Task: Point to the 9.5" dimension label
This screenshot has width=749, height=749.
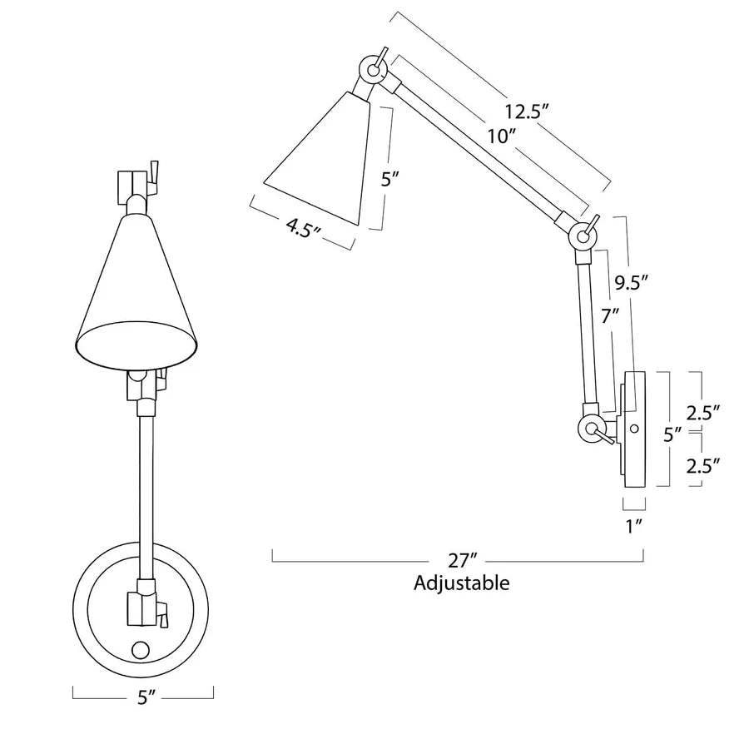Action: pos(631,282)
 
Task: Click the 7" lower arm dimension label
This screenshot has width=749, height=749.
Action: pos(610,316)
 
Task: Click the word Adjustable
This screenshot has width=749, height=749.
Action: pos(462,583)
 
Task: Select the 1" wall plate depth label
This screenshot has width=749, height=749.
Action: pos(635,525)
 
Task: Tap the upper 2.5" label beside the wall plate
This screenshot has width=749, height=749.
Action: pos(702,411)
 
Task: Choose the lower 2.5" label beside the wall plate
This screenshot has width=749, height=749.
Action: pos(702,466)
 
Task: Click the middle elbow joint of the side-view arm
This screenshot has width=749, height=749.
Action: pos(583,237)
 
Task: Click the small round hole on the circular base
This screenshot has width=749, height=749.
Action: pos(141,650)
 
